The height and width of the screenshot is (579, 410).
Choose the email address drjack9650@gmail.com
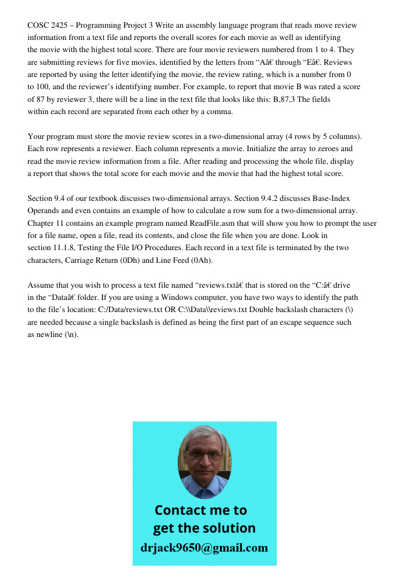(204, 547)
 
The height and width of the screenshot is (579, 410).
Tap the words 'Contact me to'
(200, 510)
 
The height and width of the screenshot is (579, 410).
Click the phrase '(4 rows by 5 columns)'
(323, 136)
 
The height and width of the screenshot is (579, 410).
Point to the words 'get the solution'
(204, 528)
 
